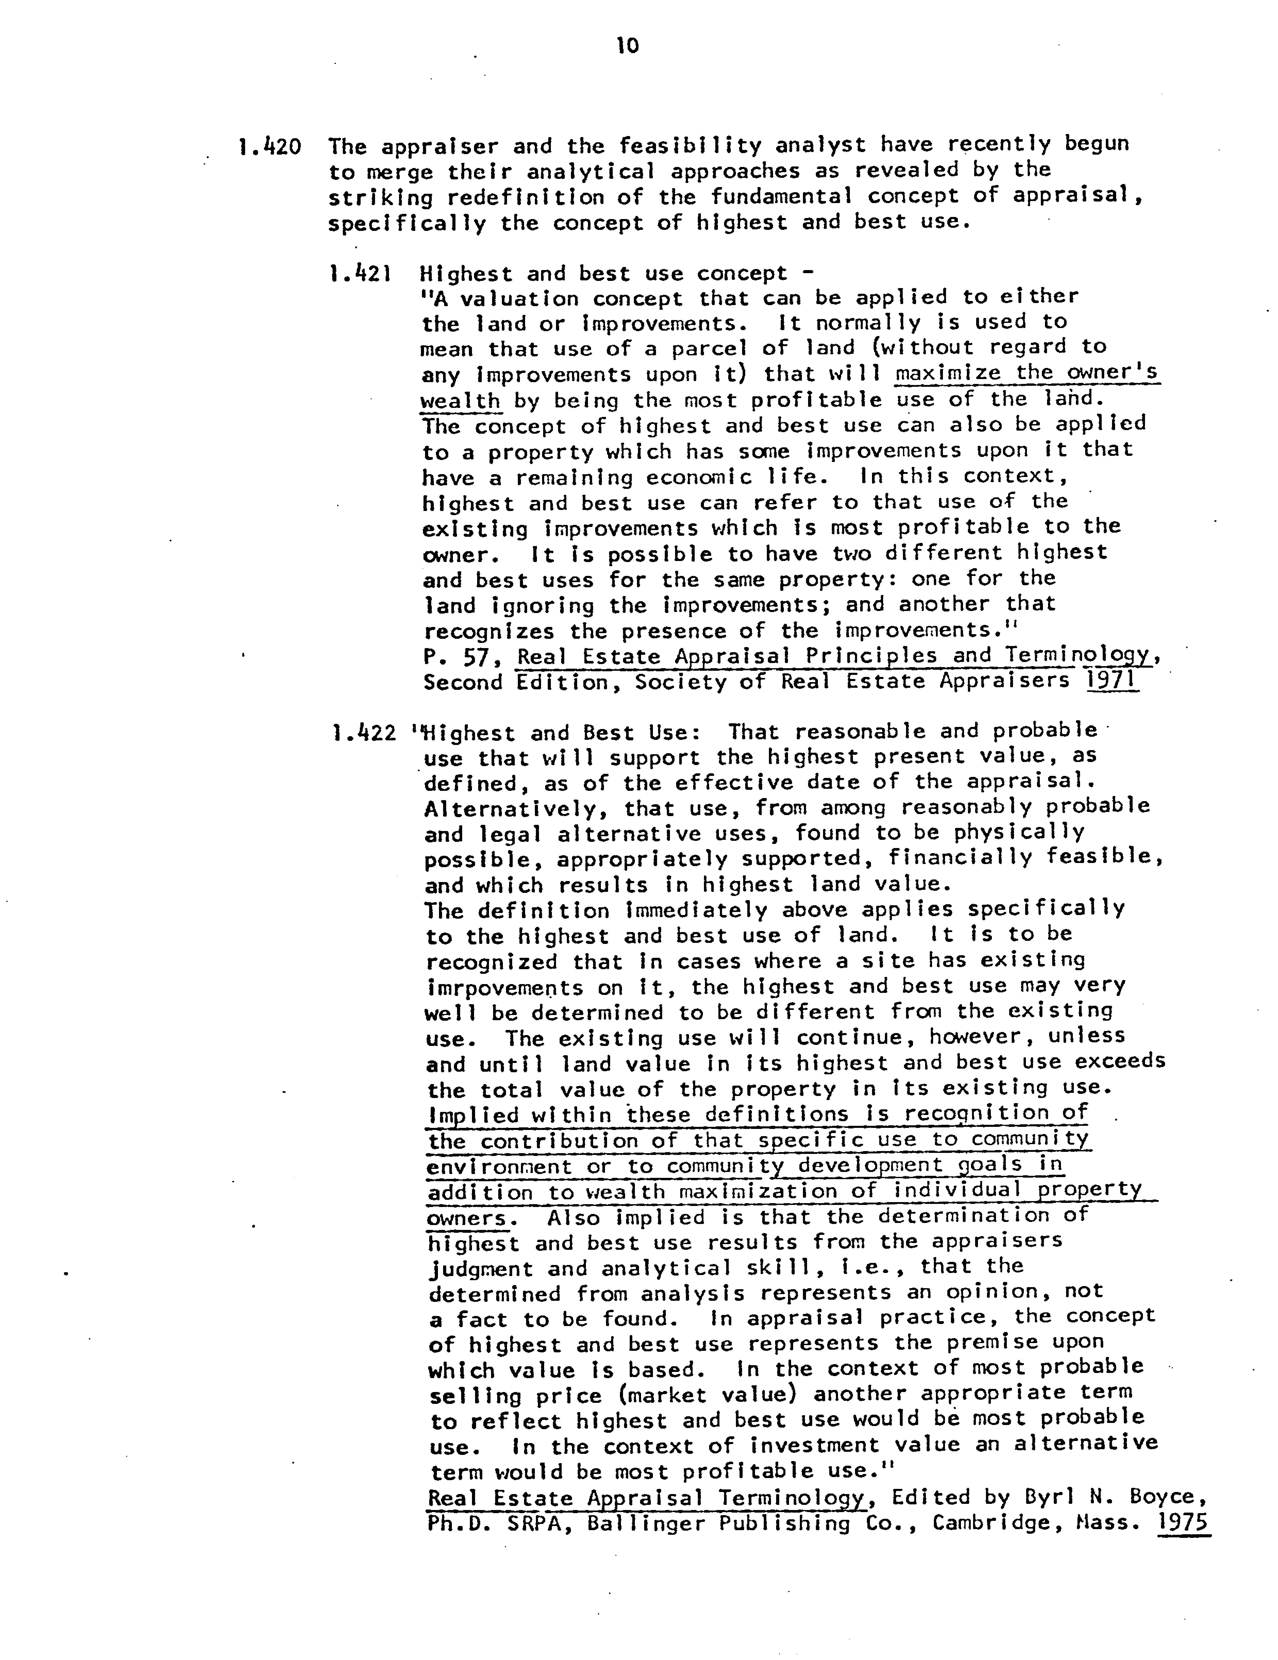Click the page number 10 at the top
click(628, 46)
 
